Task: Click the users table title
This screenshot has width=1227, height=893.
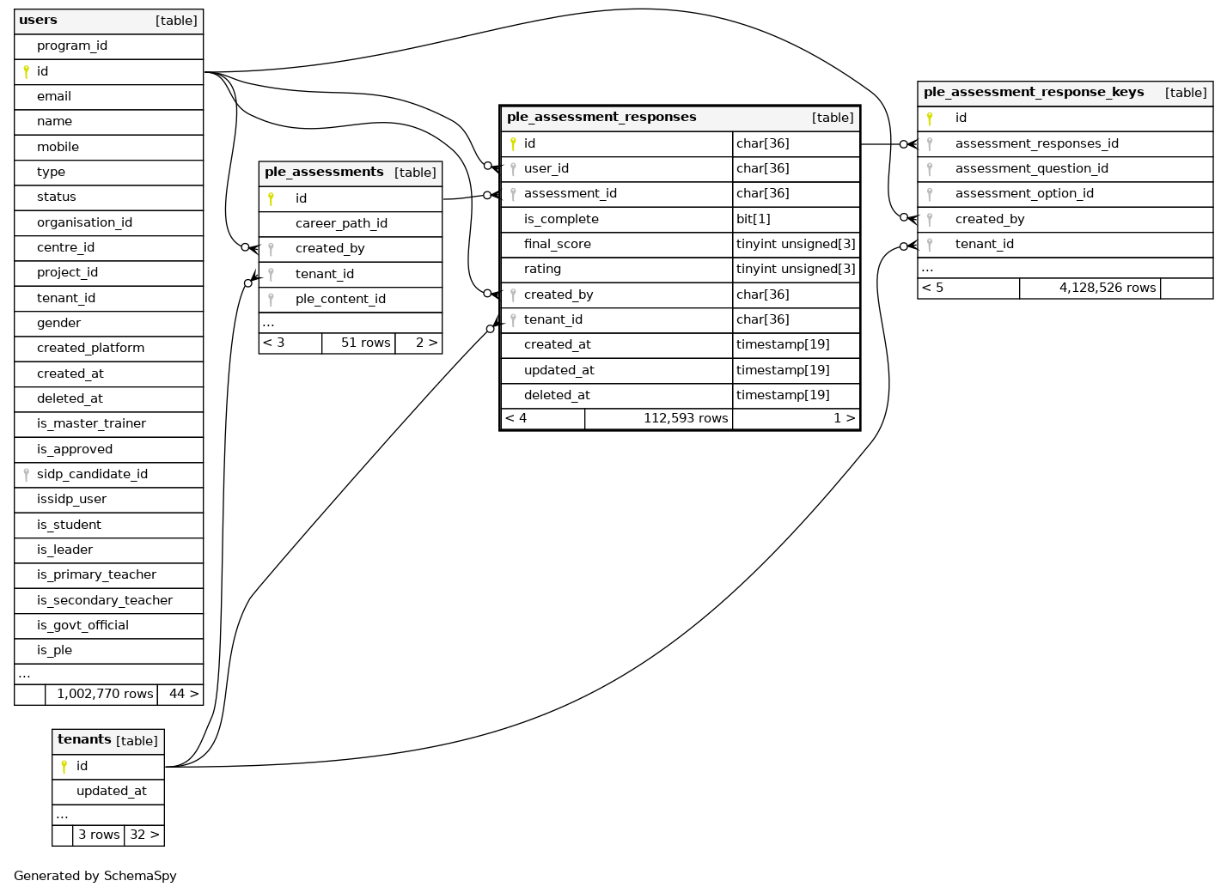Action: [x=38, y=21]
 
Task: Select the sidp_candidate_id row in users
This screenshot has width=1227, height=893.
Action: [x=92, y=474]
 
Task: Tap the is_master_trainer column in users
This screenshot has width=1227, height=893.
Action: [x=91, y=423]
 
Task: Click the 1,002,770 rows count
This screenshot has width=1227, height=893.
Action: [x=105, y=694]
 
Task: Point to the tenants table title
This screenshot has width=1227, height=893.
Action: [x=84, y=740]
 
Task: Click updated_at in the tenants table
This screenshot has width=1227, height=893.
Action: [x=111, y=791]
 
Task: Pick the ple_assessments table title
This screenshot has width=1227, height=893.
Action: [x=324, y=173]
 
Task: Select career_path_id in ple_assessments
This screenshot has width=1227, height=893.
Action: [x=341, y=223]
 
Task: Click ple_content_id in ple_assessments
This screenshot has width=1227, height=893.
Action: [x=340, y=299]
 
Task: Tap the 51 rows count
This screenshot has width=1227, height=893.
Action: [x=365, y=343]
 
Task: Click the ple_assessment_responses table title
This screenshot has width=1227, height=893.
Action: [x=601, y=118]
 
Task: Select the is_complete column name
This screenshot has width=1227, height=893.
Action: [x=561, y=219]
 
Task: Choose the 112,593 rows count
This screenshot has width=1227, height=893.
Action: [x=686, y=418]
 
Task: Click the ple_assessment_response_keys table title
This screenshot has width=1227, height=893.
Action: [x=1034, y=93]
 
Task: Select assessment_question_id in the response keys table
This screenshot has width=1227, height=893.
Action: [x=1031, y=168]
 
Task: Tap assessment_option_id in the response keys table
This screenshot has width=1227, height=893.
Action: [x=1024, y=193]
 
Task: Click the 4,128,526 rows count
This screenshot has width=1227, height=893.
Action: [x=1107, y=288]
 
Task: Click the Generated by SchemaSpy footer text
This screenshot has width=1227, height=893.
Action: [x=95, y=876]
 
